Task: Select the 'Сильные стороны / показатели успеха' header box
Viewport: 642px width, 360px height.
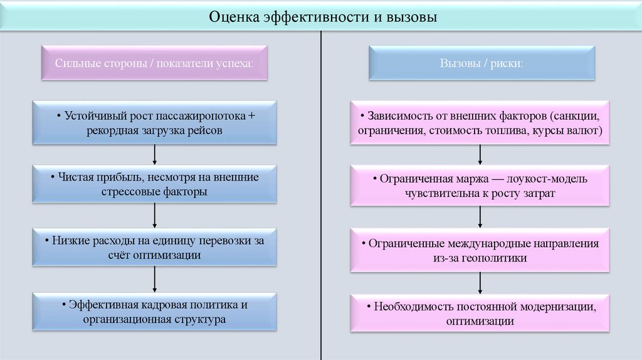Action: [x=154, y=63]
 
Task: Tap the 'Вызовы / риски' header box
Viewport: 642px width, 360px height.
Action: [x=481, y=63]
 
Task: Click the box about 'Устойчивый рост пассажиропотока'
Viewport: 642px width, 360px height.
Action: [x=154, y=123]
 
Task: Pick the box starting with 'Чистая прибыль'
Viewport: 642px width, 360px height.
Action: [x=154, y=184]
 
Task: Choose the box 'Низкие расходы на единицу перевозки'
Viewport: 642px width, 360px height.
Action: [x=154, y=248]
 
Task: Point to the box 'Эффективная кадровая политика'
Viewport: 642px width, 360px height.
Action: [x=154, y=312]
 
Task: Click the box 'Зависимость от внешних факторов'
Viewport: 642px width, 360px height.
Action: [x=480, y=123]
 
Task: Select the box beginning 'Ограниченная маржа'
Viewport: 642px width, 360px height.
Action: [x=480, y=186]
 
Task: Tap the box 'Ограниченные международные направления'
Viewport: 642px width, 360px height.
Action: [x=480, y=250]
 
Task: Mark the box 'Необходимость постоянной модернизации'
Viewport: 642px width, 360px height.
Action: [x=480, y=314]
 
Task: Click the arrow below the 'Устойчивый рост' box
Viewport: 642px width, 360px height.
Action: [x=154, y=154]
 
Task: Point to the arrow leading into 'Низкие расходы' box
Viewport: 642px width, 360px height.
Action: [x=154, y=216]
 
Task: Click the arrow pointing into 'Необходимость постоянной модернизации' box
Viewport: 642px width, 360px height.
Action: [x=480, y=282]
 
